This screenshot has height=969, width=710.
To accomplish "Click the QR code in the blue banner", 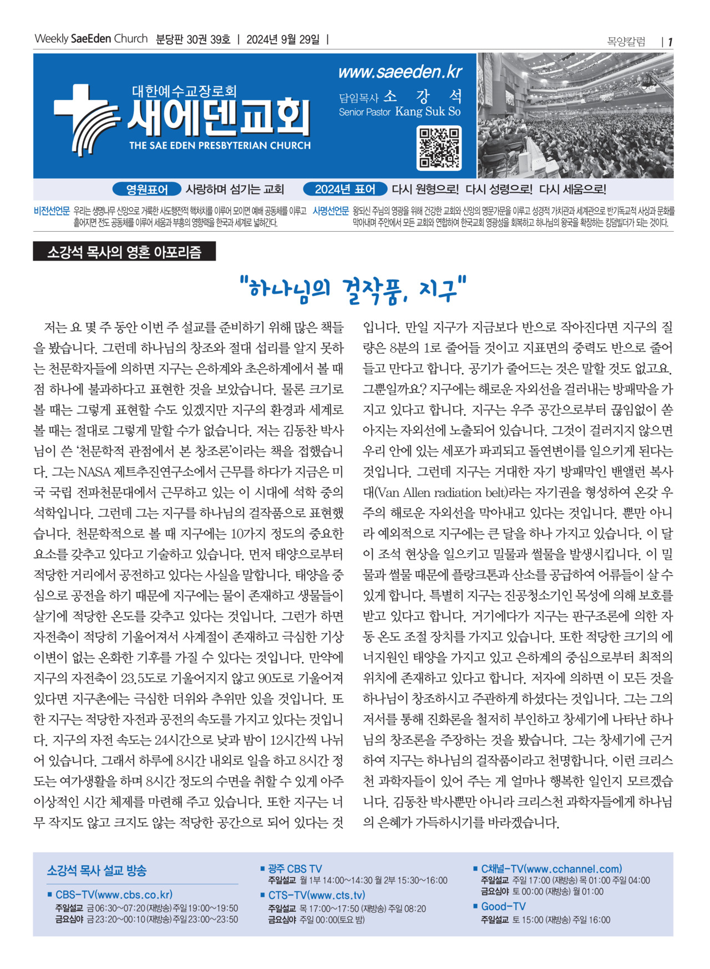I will (439, 148).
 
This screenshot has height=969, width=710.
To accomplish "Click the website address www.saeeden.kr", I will (399, 72).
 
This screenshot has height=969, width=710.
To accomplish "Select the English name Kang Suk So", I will (428, 111).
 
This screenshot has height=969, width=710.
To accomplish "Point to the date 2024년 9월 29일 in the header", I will (283, 40).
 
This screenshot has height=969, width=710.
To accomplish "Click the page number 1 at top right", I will (670, 42).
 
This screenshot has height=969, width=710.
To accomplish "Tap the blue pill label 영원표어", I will (147, 190).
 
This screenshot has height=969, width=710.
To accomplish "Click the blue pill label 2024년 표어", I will (344, 190).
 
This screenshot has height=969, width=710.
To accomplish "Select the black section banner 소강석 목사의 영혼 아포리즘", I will (124, 252).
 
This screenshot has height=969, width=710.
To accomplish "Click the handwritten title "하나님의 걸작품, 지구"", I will (353, 289).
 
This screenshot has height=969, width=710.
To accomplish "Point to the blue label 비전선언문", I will (52, 211).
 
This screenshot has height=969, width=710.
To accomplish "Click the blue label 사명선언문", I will (331, 211).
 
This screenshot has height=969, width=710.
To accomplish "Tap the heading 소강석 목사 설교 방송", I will (97, 870).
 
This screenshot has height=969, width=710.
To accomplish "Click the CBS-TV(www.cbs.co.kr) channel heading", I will (114, 895).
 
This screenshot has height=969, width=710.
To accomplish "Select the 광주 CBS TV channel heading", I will (295, 869).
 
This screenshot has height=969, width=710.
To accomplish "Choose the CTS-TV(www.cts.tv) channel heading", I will (317, 895).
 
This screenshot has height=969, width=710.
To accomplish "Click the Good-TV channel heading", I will (503, 906).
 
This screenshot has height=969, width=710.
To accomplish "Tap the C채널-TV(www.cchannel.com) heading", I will (551, 869).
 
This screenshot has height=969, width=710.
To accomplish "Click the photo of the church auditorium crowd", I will (575, 116).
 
